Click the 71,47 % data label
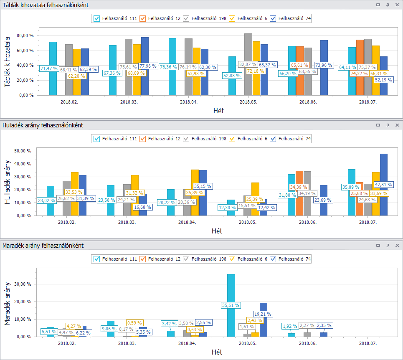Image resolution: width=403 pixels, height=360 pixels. coord(49,68)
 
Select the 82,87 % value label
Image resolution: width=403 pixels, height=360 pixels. coord(248,64)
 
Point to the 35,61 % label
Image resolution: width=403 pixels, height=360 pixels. coord(231,305)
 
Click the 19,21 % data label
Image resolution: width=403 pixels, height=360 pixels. coord(263,314)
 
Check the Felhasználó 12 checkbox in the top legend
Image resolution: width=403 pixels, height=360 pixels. coord(142,18)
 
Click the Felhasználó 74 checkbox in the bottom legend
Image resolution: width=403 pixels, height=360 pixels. coord(273,259)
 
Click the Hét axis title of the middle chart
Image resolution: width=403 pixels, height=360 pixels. coord(217,231)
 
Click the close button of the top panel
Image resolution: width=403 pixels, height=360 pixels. coord(397,5)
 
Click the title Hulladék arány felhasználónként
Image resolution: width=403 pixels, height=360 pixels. coord(43,125)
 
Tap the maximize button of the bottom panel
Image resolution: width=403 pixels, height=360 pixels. coord(378,246)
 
